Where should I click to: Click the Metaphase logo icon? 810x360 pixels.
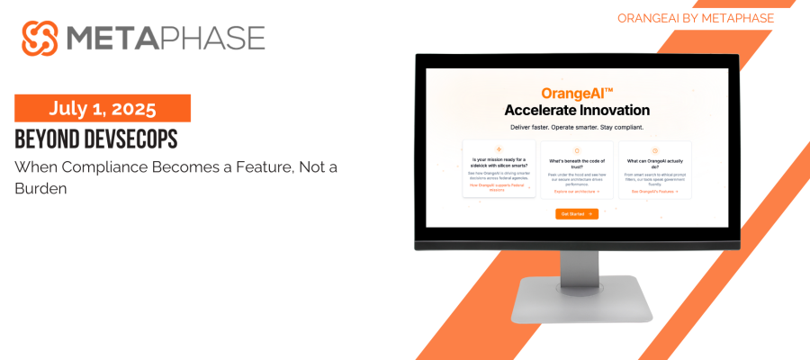(40, 38)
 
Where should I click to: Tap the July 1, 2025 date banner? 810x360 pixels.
(102, 108)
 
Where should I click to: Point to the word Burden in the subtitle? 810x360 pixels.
(40, 189)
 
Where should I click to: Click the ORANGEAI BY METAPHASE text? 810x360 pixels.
(696, 18)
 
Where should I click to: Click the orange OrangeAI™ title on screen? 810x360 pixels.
(577, 93)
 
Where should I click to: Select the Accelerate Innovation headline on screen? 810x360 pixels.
(577, 111)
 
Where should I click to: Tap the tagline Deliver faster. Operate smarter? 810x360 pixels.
(577, 128)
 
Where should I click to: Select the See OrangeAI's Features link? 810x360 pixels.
(654, 191)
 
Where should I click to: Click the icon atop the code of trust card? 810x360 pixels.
(577, 150)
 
